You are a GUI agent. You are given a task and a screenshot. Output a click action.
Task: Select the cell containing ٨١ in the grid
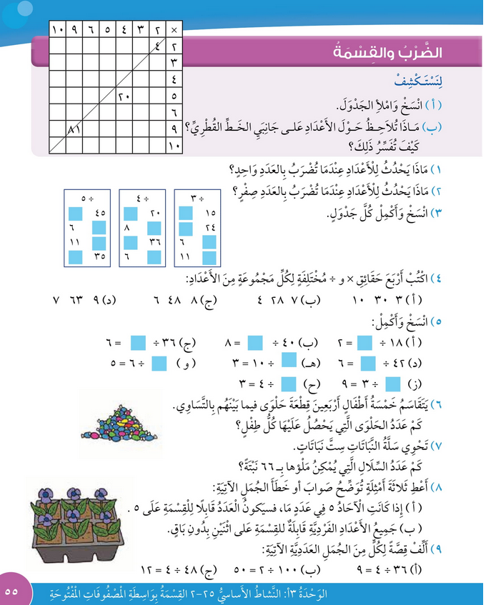[73, 130]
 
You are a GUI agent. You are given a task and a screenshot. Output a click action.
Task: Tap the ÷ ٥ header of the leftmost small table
[88, 197]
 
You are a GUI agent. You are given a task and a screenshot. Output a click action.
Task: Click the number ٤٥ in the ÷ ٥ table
[101, 212]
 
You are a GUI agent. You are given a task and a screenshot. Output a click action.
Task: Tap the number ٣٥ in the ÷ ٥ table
[101, 255]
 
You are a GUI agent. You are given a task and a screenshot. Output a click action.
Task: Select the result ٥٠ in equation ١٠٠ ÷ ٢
[237, 571]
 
